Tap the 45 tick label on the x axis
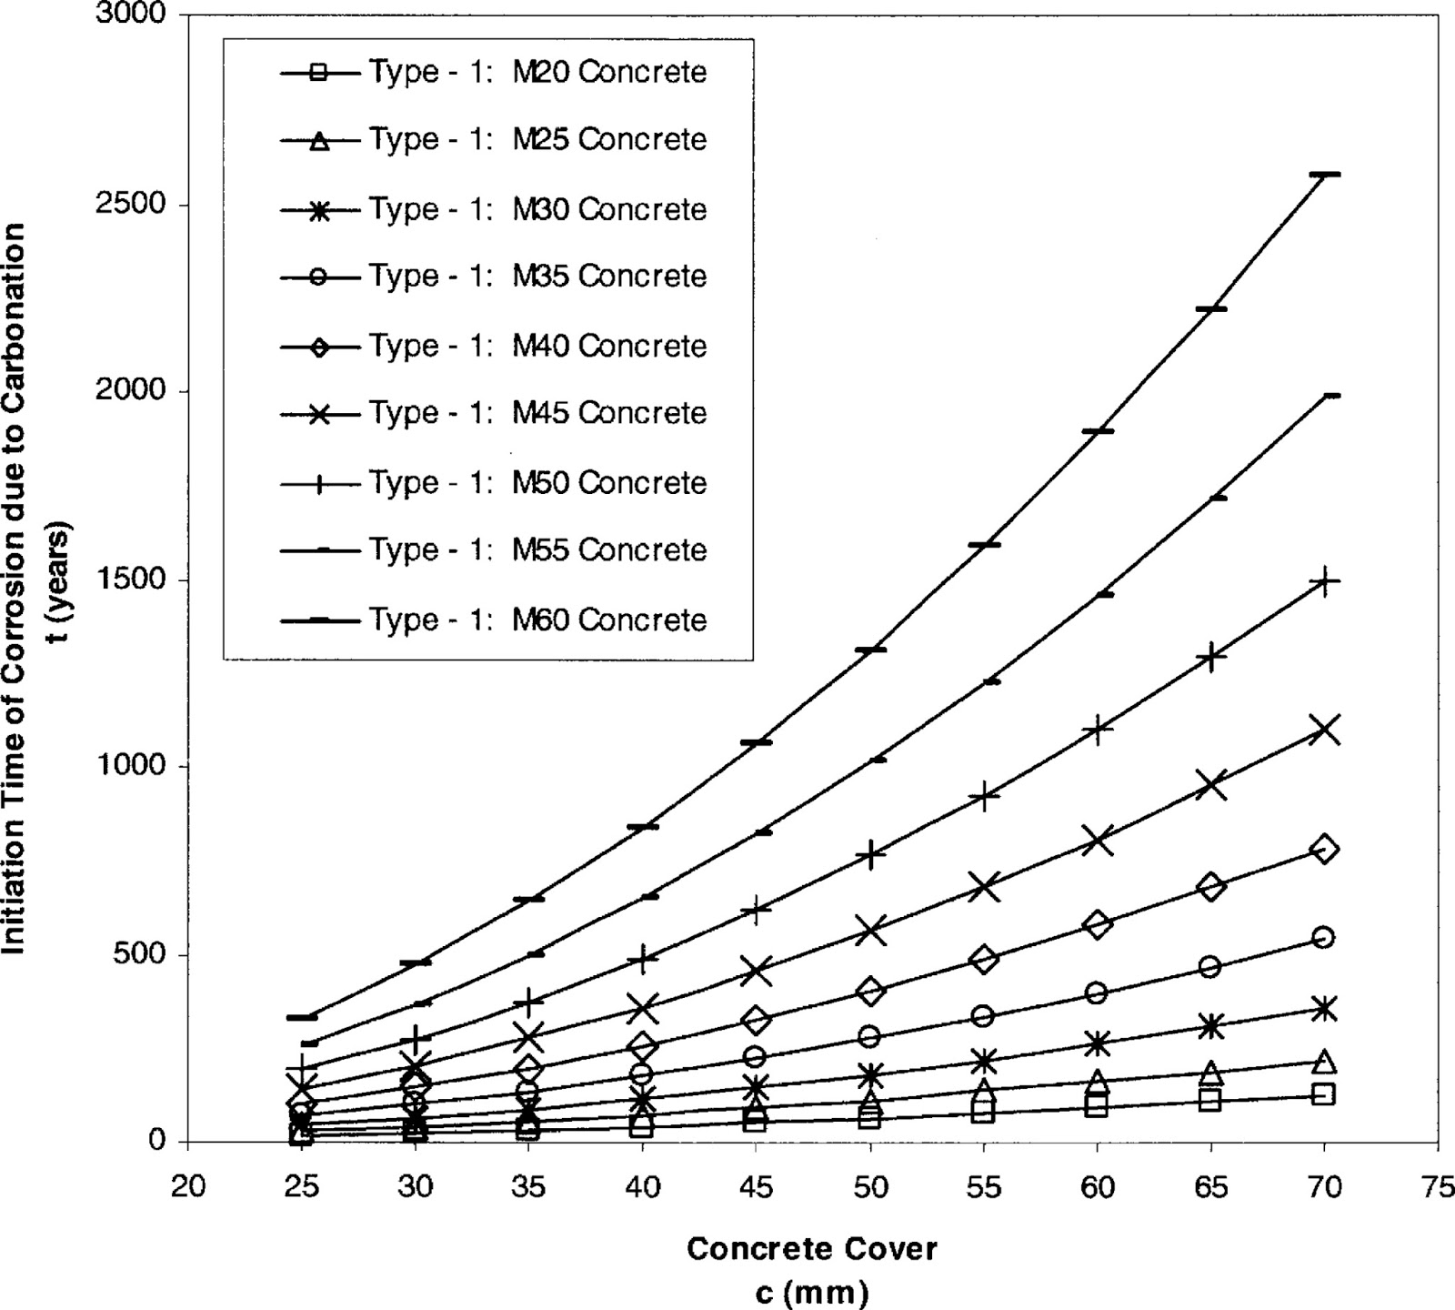point(756,1187)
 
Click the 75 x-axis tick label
point(1438,1187)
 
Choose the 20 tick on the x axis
point(188,1187)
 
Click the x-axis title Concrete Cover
point(811,1248)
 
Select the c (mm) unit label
point(811,1291)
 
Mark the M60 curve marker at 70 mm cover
point(1324,174)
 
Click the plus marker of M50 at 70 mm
point(1324,581)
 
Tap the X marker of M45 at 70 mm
point(1324,730)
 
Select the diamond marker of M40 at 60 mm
point(1097,924)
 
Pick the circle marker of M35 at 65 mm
point(1210,966)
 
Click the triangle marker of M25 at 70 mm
point(1324,1062)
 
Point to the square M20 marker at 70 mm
point(1324,1094)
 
